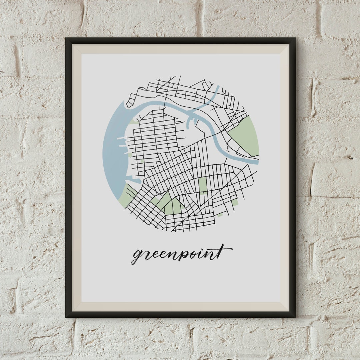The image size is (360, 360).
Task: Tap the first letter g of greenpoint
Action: [x=136, y=257]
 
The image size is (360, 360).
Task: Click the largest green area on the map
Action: [x=245, y=135]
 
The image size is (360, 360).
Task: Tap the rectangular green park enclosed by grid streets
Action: [x=203, y=184]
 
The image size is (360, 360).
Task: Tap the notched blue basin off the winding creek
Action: [x=192, y=121]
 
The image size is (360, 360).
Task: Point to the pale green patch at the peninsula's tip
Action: [x=134, y=122]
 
